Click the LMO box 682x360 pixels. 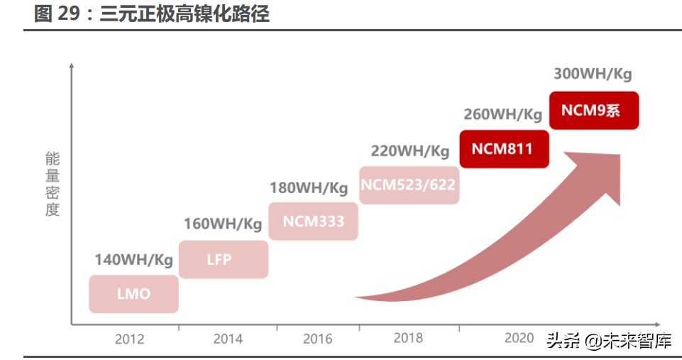click(x=133, y=293)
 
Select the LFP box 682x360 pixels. click(x=223, y=259)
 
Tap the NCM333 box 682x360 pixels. click(x=313, y=221)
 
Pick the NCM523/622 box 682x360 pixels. click(x=408, y=185)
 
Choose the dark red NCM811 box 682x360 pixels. click(x=504, y=148)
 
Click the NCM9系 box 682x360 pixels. click(x=594, y=110)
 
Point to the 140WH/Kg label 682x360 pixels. click(x=134, y=260)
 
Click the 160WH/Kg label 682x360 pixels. click(x=223, y=224)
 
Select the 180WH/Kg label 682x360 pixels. click(x=309, y=188)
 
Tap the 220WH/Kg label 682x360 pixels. click(x=410, y=151)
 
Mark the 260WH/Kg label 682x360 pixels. click(x=503, y=114)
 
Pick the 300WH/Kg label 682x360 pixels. click(x=593, y=74)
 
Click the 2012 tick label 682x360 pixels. click(x=129, y=339)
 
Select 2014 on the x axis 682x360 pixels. click(x=228, y=339)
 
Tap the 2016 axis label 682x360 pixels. click(x=317, y=339)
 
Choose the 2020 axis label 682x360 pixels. click(x=519, y=338)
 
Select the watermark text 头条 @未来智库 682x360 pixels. click(x=608, y=341)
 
